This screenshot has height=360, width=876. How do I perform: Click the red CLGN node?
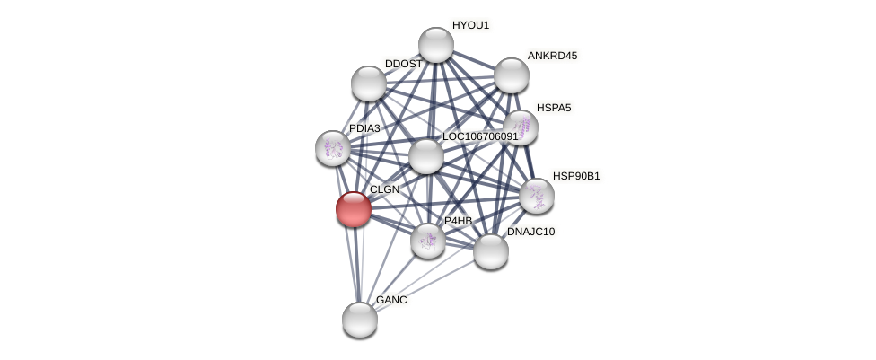(354, 209)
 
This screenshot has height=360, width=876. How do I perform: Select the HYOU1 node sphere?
(436, 44)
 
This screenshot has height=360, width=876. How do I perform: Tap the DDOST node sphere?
(369, 83)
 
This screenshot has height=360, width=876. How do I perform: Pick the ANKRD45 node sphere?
(512, 75)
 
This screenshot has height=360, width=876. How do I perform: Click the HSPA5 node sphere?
(521, 128)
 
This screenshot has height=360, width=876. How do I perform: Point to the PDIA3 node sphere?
(333, 149)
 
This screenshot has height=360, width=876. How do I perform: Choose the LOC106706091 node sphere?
(426, 156)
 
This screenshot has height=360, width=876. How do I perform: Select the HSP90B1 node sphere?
(537, 197)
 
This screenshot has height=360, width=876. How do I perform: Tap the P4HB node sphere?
(428, 241)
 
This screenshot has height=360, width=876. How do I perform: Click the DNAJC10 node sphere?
(491, 251)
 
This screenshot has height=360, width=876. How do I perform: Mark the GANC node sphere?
(360, 320)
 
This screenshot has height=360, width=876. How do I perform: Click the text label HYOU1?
(470, 25)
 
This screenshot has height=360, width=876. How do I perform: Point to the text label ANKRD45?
(553, 56)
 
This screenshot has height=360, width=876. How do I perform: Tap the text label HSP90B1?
(576, 176)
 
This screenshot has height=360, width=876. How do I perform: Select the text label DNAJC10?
(530, 232)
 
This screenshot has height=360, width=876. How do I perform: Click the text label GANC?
(391, 300)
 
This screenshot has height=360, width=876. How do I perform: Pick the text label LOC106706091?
(480, 136)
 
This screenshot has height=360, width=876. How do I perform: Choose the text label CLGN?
(385, 189)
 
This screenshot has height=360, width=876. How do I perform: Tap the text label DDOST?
(404, 64)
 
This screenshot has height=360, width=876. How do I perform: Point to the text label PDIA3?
(364, 128)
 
